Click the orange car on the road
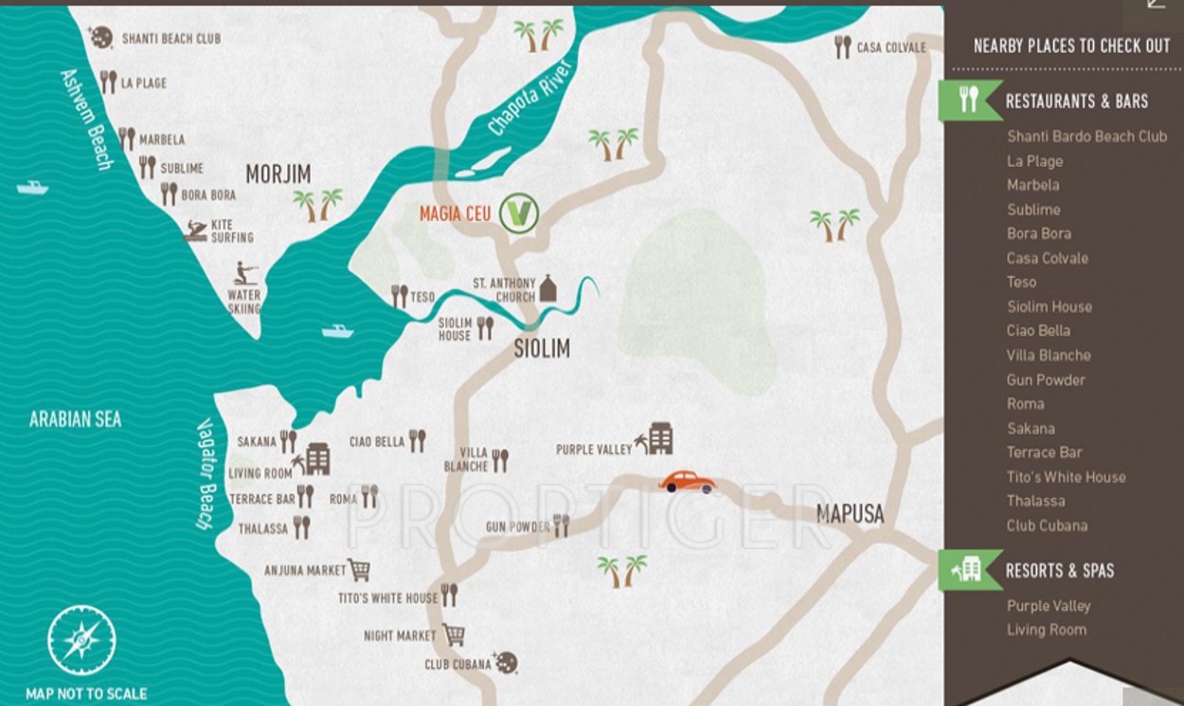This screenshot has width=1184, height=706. click(x=688, y=481)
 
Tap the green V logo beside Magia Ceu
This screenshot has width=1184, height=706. click(x=519, y=213)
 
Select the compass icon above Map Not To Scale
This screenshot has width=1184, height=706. click(x=81, y=640)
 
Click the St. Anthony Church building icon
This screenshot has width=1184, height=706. click(x=547, y=288)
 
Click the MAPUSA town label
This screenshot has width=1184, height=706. click(x=850, y=515)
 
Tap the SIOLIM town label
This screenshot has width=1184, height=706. click(x=542, y=349)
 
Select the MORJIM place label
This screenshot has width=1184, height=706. click(x=278, y=173)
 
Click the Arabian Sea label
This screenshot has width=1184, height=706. click(x=75, y=419)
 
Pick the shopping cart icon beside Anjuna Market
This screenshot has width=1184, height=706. click(x=359, y=570)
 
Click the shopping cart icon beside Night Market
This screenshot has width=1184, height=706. click(x=454, y=634)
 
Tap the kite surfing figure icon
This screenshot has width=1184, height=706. click(x=196, y=230)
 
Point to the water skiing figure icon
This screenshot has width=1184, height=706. click(x=244, y=274)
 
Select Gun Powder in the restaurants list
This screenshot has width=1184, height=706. click(x=1046, y=380)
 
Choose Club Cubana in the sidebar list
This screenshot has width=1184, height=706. click(x=1047, y=526)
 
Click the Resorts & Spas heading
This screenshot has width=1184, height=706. click(x=1059, y=570)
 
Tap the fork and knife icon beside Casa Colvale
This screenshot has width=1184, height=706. click(x=842, y=46)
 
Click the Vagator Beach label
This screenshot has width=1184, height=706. click(x=207, y=474)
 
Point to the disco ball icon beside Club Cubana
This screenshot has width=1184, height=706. click(x=507, y=662)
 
